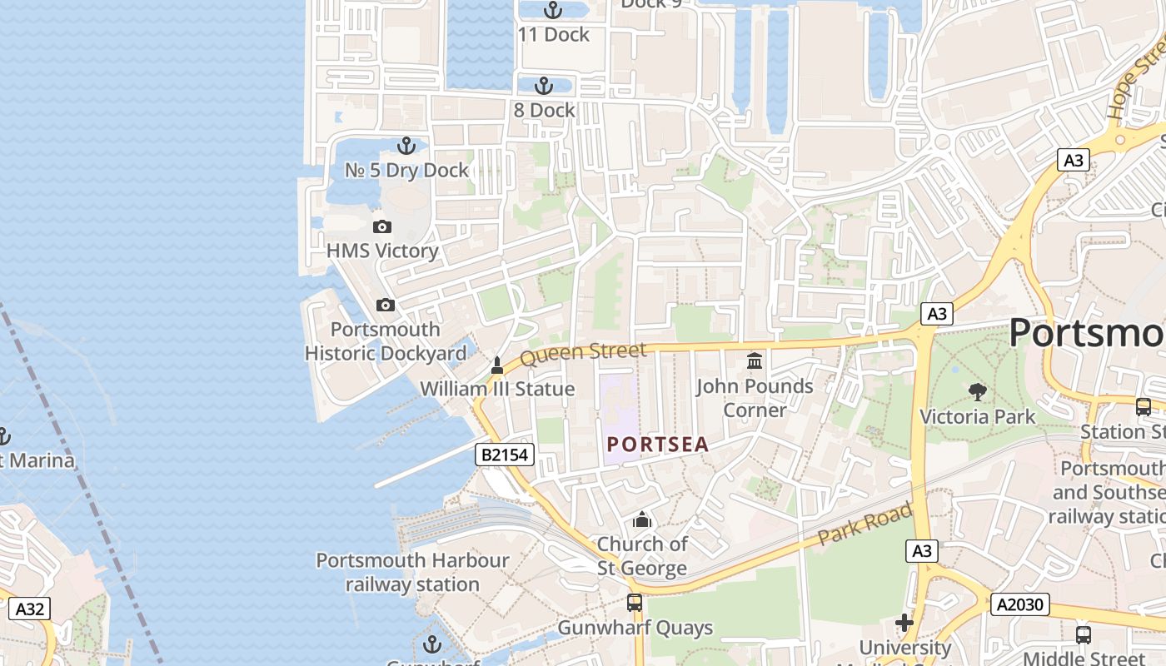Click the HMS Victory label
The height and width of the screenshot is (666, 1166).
tap(382, 251)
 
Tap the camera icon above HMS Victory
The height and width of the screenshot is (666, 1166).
tap(382, 226)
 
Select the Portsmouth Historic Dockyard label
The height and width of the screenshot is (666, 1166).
tap(386, 341)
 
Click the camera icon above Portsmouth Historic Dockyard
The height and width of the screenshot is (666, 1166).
tap(385, 306)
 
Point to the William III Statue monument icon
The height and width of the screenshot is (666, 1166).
tap(497, 365)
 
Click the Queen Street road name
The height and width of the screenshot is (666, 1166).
tap(583, 353)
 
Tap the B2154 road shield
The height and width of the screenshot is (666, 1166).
tap(505, 455)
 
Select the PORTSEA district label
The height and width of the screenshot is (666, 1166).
tap(658, 445)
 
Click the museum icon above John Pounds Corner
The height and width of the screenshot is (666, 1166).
tap(755, 361)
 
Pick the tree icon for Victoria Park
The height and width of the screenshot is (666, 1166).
tap(977, 391)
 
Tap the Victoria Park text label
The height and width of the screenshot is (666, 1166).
tap(977, 416)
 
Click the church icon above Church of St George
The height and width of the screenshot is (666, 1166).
tap(642, 520)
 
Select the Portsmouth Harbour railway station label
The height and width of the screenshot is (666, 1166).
tap(412, 573)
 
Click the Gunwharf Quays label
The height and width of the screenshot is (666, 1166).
tap(635, 628)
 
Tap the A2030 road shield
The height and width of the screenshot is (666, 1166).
tap(1019, 604)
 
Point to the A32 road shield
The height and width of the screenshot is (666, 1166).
tap(30, 609)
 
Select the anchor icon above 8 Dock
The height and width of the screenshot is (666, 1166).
tap(543, 86)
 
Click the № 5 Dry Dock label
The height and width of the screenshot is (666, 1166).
tap(407, 171)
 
